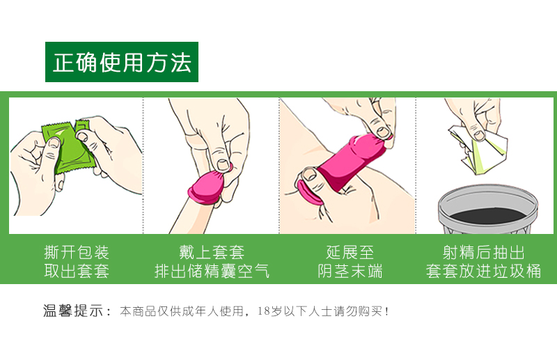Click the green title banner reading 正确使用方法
[121, 62]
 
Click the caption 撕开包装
[77, 253]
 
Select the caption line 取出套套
[77, 271]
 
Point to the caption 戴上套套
[212, 253]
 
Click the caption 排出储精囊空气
[212, 271]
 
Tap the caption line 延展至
[350, 253]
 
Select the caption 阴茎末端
[350, 271]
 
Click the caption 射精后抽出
[483, 253]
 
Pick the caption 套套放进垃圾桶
[483, 271]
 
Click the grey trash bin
[488, 209]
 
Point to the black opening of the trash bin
[488, 215]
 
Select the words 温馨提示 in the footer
[73, 311]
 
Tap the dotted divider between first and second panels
[143, 166]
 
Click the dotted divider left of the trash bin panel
[416, 166]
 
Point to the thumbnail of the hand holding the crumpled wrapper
[479, 135]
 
